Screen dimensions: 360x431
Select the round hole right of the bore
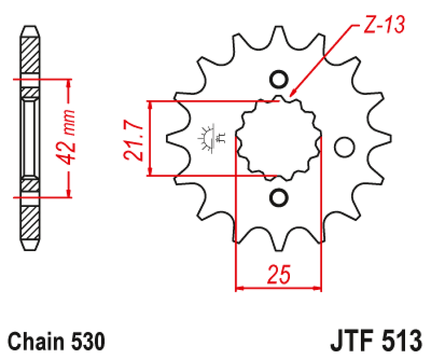tap(344, 147)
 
